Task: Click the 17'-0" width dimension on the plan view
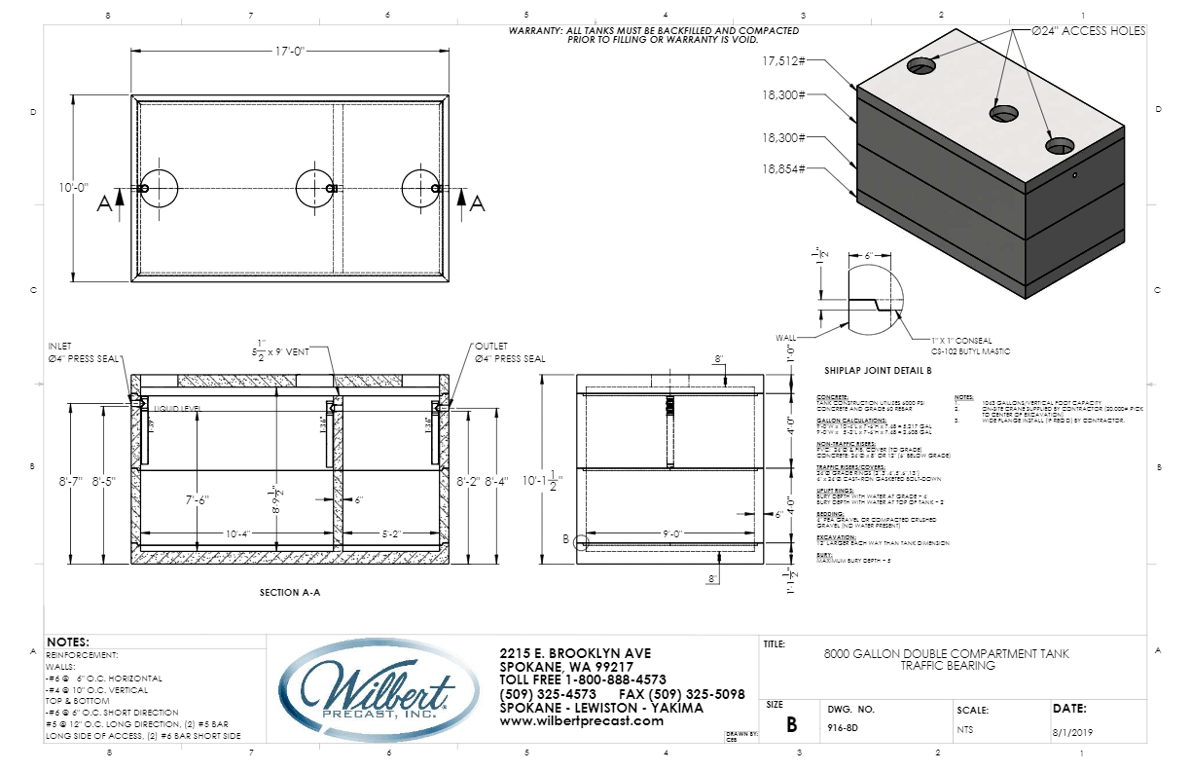coord(289,52)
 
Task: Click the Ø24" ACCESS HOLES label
coord(1089,31)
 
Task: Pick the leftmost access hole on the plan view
coord(159,188)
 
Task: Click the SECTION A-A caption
coord(290,592)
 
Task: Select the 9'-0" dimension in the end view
coord(673,534)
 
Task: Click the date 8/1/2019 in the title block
coord(1073,727)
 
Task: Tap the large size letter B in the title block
coord(791,725)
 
